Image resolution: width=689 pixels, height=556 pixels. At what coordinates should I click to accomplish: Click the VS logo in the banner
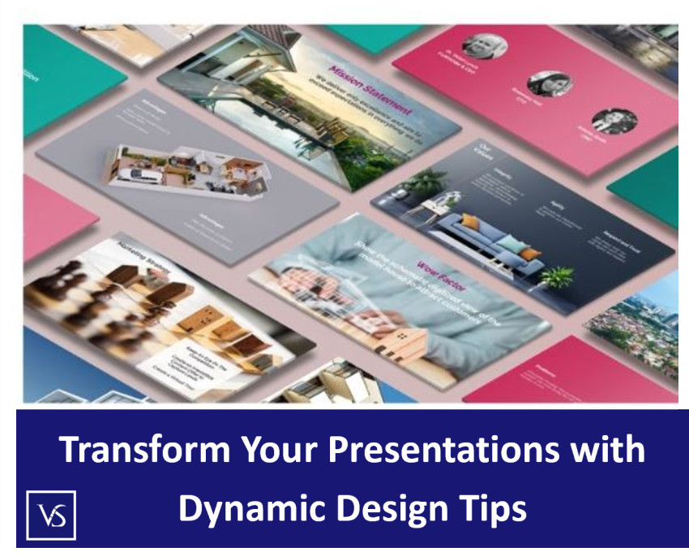tap(51, 515)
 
